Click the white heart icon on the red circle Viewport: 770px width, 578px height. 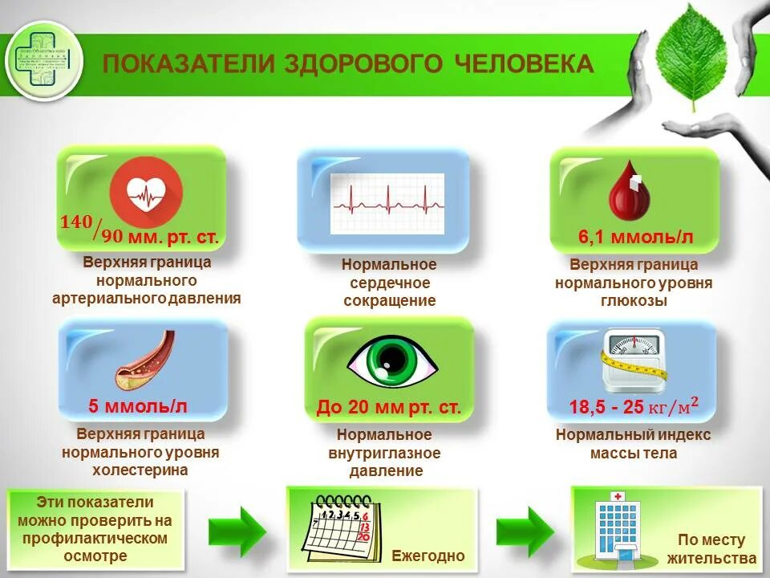pyautogui.click(x=146, y=193)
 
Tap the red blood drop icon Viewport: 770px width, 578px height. pyautogui.click(x=627, y=193)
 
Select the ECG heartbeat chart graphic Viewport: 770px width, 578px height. pyautogui.click(x=387, y=203)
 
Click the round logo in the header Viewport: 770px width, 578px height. pyautogui.click(x=44, y=60)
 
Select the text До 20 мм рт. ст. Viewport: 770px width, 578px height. pyautogui.click(x=389, y=407)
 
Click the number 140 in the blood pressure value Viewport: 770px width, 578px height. pyautogui.click(x=76, y=222)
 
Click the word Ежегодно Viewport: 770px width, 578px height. pyautogui.click(x=428, y=556)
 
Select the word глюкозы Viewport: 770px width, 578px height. pyautogui.click(x=634, y=301)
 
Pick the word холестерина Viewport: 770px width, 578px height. pyautogui.click(x=140, y=470)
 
